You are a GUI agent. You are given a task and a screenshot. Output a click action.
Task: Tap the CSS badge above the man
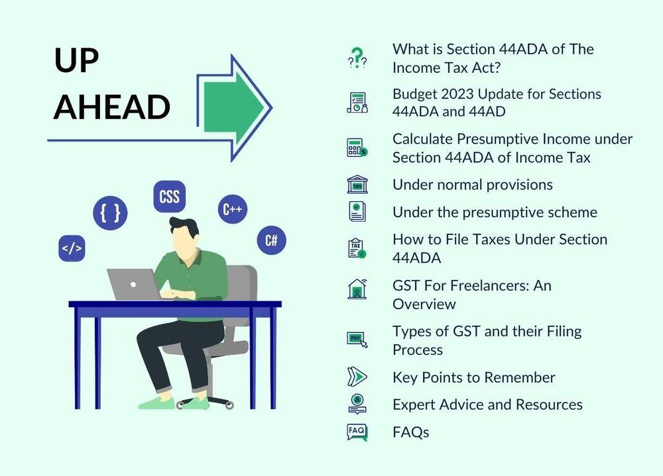click(x=170, y=197)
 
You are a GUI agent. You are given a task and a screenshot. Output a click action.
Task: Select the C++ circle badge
click(x=233, y=209)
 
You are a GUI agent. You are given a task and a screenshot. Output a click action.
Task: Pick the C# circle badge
click(x=271, y=240)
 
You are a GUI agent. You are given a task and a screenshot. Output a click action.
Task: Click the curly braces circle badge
click(x=110, y=213)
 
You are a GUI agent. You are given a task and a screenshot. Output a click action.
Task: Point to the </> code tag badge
click(x=72, y=248)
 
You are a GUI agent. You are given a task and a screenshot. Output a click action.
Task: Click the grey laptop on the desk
click(x=134, y=284)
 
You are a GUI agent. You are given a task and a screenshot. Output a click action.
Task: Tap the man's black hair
click(x=184, y=227)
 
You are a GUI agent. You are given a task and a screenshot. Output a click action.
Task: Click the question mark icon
click(x=357, y=58)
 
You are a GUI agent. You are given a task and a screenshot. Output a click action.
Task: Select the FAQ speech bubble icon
click(x=357, y=432)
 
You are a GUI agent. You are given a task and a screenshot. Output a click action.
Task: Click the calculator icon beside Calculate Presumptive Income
click(x=357, y=148)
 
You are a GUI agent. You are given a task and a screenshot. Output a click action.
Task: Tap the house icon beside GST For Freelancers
click(x=357, y=289)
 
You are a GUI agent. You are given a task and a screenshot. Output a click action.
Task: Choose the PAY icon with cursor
click(x=357, y=340)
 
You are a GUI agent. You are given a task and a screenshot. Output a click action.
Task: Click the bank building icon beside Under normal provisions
click(x=357, y=185)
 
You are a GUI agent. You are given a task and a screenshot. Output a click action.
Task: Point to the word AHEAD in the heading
click(x=112, y=107)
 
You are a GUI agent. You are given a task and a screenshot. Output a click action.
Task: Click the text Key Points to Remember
click(x=473, y=377)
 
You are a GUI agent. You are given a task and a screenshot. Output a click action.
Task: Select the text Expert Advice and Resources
click(x=487, y=405)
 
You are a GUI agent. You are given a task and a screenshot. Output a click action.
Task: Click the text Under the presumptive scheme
click(x=495, y=212)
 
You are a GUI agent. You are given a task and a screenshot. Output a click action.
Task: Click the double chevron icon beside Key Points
click(x=357, y=377)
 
